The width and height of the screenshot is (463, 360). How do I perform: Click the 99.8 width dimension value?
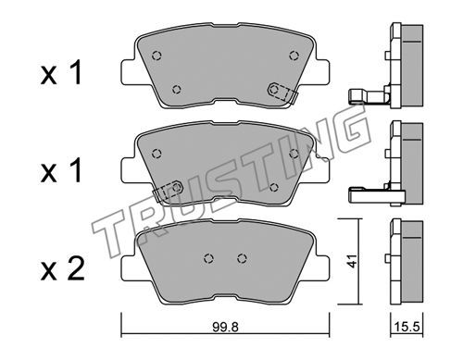[x=225, y=328]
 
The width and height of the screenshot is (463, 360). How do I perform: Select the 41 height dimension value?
[x=351, y=261]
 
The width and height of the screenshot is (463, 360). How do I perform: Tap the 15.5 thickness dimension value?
[x=407, y=328]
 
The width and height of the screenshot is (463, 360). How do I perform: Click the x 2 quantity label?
[x=63, y=269]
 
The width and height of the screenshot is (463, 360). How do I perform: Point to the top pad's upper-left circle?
[x=156, y=56]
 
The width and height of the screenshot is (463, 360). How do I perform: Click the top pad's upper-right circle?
[x=294, y=56]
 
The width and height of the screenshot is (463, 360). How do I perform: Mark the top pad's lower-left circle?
[x=177, y=90]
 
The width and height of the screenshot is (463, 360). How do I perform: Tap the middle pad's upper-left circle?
[x=156, y=154]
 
